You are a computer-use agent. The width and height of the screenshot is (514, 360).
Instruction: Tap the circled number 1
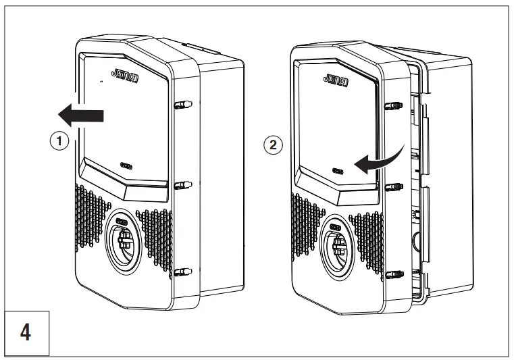(x=61, y=142)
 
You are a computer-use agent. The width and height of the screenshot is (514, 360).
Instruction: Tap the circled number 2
(x=274, y=145)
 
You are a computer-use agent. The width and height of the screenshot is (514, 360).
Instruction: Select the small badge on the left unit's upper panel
(x=128, y=165)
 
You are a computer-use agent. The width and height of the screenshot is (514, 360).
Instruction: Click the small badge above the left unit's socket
(x=122, y=221)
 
